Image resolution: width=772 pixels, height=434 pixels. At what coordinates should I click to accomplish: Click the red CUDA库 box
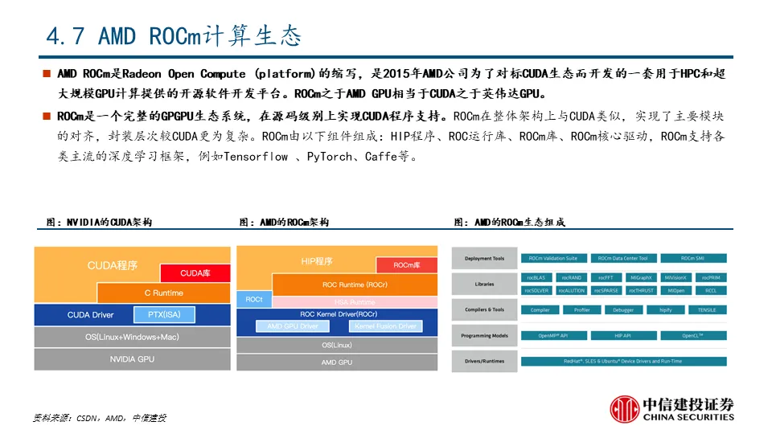(195, 273)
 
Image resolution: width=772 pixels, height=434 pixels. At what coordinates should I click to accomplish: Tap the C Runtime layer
(163, 293)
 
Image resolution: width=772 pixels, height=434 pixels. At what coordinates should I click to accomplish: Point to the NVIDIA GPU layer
(132, 359)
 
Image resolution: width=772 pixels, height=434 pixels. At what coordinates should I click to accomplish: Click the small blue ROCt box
(254, 299)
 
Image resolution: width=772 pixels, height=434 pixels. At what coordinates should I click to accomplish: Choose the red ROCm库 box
(407, 264)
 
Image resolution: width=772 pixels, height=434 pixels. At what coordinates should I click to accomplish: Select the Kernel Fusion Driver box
(385, 326)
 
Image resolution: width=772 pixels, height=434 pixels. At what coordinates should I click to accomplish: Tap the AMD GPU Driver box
(293, 326)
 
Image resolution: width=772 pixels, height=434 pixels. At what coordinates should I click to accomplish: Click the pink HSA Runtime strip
(355, 301)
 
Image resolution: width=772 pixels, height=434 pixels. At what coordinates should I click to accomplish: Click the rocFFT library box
(605, 277)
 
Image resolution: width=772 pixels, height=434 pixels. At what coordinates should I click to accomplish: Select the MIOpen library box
(676, 290)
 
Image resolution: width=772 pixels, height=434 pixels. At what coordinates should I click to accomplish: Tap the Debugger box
(623, 309)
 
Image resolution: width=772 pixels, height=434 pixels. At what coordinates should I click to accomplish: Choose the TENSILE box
(707, 309)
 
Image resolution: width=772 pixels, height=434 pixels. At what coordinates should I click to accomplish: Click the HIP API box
(623, 335)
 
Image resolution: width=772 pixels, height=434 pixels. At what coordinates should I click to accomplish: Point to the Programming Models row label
(485, 335)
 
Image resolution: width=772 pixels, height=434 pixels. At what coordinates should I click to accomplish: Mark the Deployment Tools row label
(485, 259)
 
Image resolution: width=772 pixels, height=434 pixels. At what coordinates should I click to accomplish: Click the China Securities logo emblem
(625, 410)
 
